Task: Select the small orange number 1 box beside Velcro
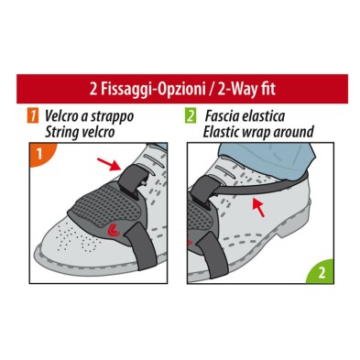point(32,116)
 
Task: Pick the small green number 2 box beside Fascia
point(190,116)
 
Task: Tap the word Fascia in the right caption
point(223,116)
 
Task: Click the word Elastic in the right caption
point(225,132)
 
